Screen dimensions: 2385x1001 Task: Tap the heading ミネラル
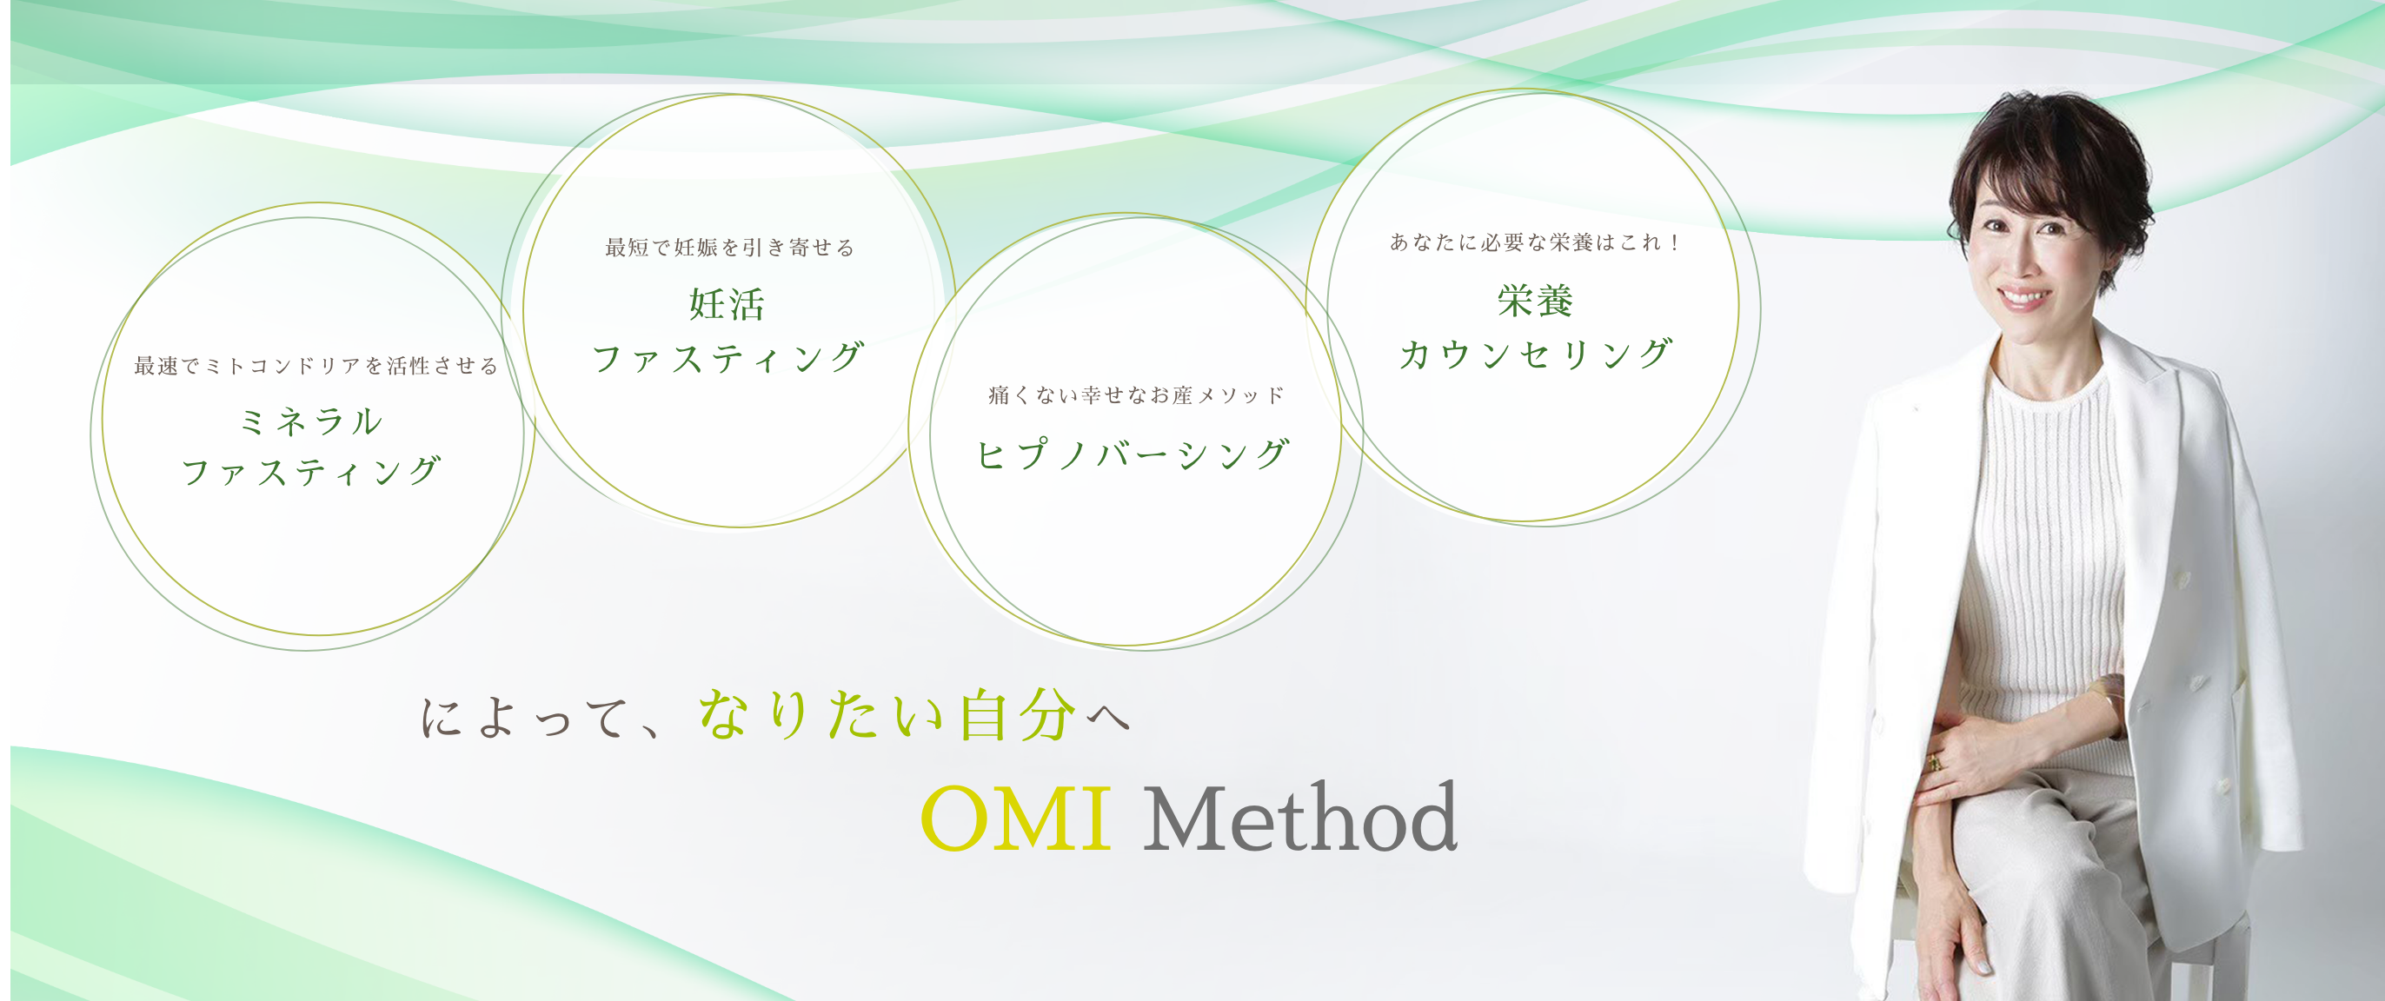tap(310, 421)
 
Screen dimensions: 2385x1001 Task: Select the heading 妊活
tap(727, 304)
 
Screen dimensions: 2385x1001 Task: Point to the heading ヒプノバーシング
tap(1133, 454)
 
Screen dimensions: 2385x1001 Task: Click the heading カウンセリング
tap(1535, 354)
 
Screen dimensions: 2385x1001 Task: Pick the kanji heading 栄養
tap(1535, 300)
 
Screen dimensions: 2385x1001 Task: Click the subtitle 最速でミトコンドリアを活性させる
tap(316, 366)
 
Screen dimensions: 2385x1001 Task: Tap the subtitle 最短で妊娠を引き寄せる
tap(729, 248)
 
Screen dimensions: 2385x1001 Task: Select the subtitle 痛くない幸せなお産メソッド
tap(1136, 395)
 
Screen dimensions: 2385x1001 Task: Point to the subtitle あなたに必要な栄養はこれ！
tap(1535, 242)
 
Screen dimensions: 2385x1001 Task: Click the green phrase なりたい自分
tap(887, 715)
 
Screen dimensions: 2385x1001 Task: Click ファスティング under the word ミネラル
tap(311, 471)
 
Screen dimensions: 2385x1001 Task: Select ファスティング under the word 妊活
tap(727, 357)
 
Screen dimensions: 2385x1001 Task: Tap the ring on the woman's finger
tap(1932, 761)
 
